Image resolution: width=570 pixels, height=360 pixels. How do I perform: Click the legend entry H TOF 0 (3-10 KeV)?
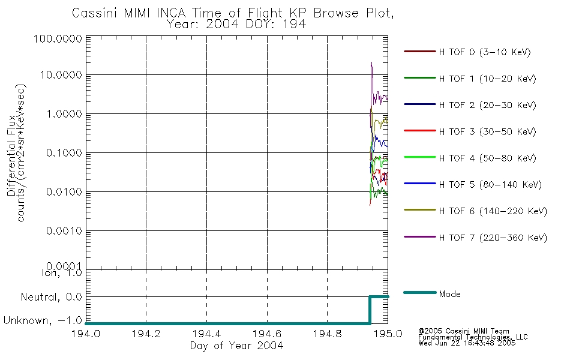point(485,52)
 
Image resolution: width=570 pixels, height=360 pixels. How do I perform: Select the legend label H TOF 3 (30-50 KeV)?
point(487,131)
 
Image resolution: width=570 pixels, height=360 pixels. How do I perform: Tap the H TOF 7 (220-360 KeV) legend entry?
point(493,238)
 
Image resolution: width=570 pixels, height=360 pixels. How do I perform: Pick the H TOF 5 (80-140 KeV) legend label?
point(490,185)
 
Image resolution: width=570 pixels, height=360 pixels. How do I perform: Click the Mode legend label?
point(449,294)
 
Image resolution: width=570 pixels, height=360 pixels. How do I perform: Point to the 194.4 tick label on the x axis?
point(207,334)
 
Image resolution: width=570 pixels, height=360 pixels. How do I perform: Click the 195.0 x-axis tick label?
point(388,334)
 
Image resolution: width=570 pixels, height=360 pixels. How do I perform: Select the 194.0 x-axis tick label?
point(86,334)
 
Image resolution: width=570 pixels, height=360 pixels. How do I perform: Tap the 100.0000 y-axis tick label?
point(58,38)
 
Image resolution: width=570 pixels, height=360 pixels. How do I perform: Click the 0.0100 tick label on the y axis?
point(64,191)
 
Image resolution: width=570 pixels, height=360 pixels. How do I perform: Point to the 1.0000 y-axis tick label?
point(64,114)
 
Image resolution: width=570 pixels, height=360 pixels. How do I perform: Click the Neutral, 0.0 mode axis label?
point(51,298)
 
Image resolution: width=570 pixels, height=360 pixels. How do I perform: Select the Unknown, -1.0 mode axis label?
point(43,321)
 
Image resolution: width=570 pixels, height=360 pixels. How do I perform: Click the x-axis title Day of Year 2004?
point(236,346)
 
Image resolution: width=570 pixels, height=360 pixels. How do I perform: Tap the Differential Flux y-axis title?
point(11,155)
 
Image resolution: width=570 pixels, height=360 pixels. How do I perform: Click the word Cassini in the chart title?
point(95,13)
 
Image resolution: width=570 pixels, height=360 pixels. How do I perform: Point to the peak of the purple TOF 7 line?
point(371,62)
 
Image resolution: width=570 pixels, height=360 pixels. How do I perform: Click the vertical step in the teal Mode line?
point(370,310)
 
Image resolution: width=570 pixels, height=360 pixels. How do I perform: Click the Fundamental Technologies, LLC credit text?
point(473,337)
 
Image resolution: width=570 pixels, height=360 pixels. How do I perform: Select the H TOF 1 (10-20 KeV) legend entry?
point(487,79)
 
